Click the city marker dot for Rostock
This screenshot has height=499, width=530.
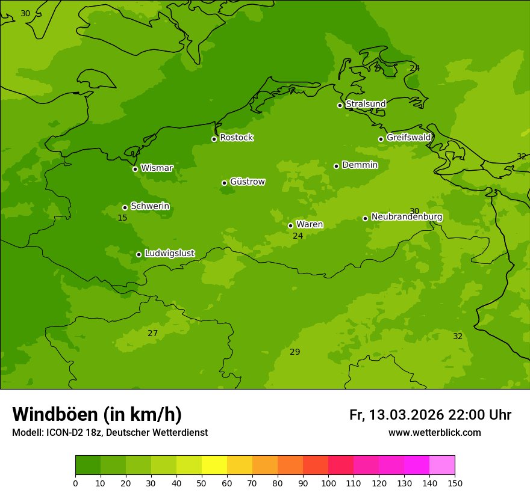tap(214, 139)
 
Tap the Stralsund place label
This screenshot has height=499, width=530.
tap(366, 104)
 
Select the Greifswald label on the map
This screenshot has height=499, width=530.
tap(408, 138)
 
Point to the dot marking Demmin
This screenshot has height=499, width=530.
tap(336, 166)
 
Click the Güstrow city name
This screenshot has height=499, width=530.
tap(247, 182)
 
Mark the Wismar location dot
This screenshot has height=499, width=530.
tap(135, 169)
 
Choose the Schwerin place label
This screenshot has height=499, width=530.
tap(150, 206)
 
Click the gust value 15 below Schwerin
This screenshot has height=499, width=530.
tap(122, 218)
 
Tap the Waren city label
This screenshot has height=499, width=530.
tap(310, 224)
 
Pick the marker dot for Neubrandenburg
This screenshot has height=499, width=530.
tap(365, 218)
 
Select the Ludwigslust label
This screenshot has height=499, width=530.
tap(169, 253)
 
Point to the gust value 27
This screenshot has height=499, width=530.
tap(153, 333)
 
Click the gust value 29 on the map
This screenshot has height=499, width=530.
tap(295, 352)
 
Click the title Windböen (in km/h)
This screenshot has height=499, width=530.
tap(97, 414)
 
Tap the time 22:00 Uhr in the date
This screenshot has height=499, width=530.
tap(479, 415)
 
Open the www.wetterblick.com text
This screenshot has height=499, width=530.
tap(434, 433)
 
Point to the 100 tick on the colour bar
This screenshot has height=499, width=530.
tap(328, 483)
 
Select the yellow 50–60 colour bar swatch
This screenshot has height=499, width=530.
tap(214, 465)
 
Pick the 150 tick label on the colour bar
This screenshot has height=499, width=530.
tap(455, 483)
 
